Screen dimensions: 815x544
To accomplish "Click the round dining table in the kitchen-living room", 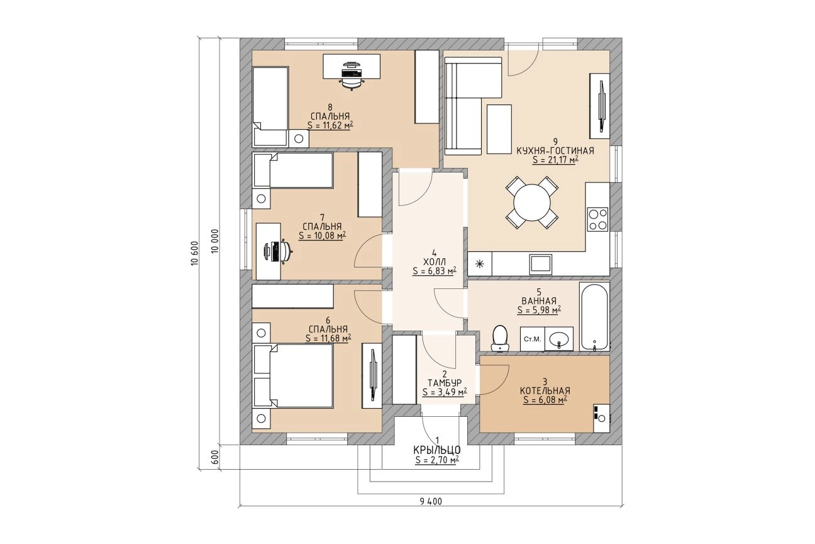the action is pyautogui.click(x=531, y=203).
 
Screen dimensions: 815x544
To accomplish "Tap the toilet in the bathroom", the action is pyautogui.click(x=500, y=339).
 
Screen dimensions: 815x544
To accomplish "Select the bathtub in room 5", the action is pyautogui.click(x=594, y=317).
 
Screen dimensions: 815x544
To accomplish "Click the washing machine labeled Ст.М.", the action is pyautogui.click(x=532, y=339).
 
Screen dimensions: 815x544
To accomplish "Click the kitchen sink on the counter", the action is pyautogui.click(x=540, y=264).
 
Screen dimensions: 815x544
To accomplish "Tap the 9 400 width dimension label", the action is pyautogui.click(x=431, y=502).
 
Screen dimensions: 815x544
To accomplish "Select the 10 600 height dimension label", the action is pyautogui.click(x=195, y=253).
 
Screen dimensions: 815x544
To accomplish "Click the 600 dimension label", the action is pyautogui.click(x=214, y=457).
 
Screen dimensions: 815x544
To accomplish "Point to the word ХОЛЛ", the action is pyautogui.click(x=435, y=262).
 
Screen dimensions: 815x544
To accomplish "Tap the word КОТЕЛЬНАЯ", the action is pyautogui.click(x=545, y=391).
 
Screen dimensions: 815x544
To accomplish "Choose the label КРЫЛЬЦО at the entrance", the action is pyautogui.click(x=437, y=450).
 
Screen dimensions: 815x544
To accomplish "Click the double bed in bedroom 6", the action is pyautogui.click(x=293, y=375).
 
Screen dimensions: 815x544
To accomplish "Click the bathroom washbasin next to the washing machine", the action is pyautogui.click(x=559, y=339).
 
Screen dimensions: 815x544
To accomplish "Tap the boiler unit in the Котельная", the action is pyautogui.click(x=601, y=418).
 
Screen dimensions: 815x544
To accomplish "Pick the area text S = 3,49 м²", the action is pyautogui.click(x=445, y=392).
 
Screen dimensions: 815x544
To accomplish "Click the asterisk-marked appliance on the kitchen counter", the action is pyautogui.click(x=480, y=264).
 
